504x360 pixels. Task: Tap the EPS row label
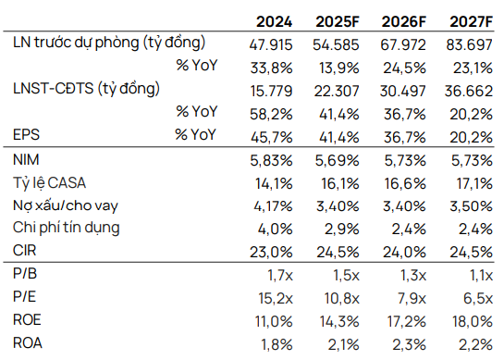coord(28,134)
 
